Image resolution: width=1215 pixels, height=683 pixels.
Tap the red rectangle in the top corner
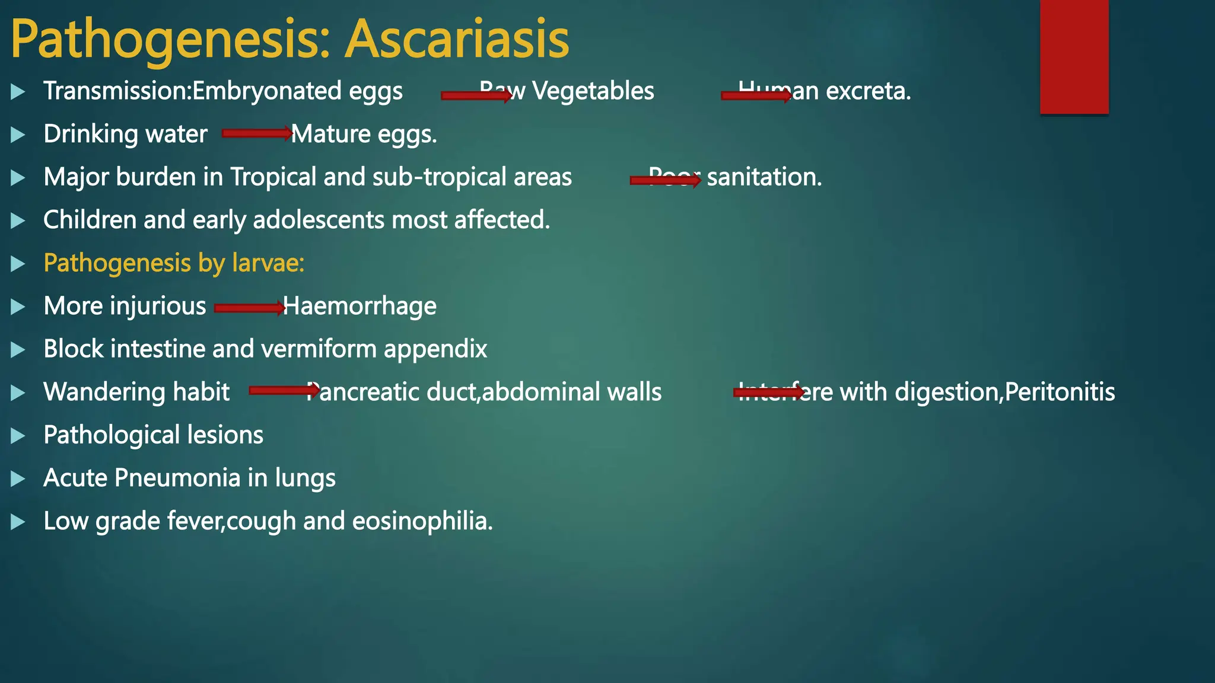1074,56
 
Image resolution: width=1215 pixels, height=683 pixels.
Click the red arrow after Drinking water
257,133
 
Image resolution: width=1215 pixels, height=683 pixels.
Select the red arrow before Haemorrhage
249,308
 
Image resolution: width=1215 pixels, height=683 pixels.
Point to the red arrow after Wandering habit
284,390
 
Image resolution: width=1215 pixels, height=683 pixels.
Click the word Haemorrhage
360,307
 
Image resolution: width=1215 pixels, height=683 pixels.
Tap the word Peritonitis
1060,392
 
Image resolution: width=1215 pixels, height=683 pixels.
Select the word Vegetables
593,91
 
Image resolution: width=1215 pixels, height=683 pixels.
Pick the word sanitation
764,177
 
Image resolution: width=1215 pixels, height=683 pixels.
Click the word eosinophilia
422,521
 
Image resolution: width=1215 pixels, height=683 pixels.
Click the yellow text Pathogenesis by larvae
174,263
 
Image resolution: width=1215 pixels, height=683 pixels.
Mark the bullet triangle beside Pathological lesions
18,436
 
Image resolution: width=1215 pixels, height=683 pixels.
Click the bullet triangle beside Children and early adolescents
18,221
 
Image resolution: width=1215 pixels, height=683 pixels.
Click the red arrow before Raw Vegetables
476,95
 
